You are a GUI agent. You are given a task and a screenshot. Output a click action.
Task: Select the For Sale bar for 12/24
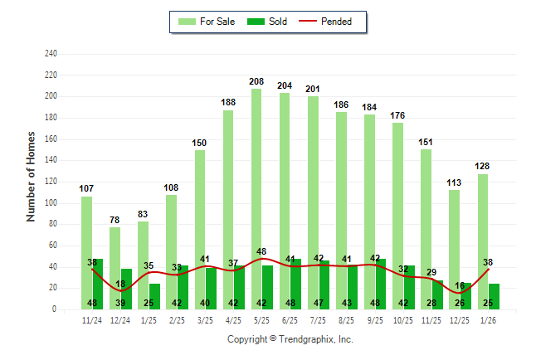115,257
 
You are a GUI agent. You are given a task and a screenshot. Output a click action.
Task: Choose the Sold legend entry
269,22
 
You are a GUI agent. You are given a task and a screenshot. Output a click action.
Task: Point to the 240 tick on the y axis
51,54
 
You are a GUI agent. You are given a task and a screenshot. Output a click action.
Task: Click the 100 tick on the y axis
51,203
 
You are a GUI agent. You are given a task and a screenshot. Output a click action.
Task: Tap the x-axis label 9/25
375,321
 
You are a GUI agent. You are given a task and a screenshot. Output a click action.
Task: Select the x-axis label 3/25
205,321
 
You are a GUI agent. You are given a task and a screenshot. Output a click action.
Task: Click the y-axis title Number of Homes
32,176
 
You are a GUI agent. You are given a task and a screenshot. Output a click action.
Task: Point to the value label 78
115,220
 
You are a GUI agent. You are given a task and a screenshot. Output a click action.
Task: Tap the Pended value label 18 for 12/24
120,285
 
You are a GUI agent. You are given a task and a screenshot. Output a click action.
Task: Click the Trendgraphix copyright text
290,339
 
